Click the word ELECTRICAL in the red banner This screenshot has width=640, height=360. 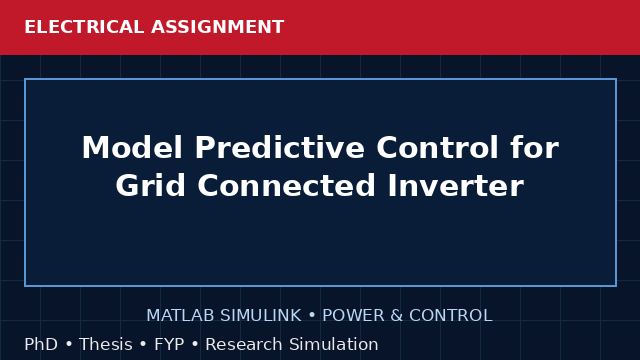point(84,27)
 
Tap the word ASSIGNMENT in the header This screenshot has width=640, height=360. point(218,27)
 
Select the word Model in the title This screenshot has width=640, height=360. point(132,147)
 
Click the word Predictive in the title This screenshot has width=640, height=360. point(280,147)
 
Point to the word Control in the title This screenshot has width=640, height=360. point(437,147)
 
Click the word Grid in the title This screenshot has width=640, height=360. point(151,185)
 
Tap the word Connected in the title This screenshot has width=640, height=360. point(287,185)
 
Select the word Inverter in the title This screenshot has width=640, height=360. point(456,185)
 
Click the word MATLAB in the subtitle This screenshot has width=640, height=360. point(180,316)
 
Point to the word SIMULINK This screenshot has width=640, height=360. point(261,316)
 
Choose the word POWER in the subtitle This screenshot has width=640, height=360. point(353,316)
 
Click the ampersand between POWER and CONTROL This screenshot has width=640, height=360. point(397,316)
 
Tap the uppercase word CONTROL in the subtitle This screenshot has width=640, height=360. point(451,316)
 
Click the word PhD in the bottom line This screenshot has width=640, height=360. point(41,344)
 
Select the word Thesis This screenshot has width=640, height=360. point(106,344)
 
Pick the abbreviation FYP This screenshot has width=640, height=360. point(169,344)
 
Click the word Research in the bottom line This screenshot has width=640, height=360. point(244,344)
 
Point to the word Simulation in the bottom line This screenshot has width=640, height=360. point(333,344)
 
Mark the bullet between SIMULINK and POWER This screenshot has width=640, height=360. point(312,316)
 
